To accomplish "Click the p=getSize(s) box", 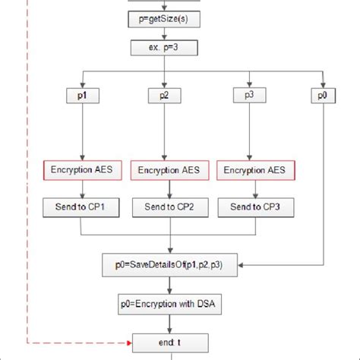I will pyautogui.click(x=163, y=19).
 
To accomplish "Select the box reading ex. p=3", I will pyautogui.click(x=163, y=49).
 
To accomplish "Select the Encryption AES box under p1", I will pyautogui.click(x=81, y=170).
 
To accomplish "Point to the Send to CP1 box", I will pyautogui.click(x=81, y=207).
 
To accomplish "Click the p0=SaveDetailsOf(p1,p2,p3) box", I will pyautogui.click(x=173, y=264).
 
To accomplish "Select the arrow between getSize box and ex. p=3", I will pyautogui.click(x=163, y=33).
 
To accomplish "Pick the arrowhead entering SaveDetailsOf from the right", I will pyautogui.click(x=247, y=264).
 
